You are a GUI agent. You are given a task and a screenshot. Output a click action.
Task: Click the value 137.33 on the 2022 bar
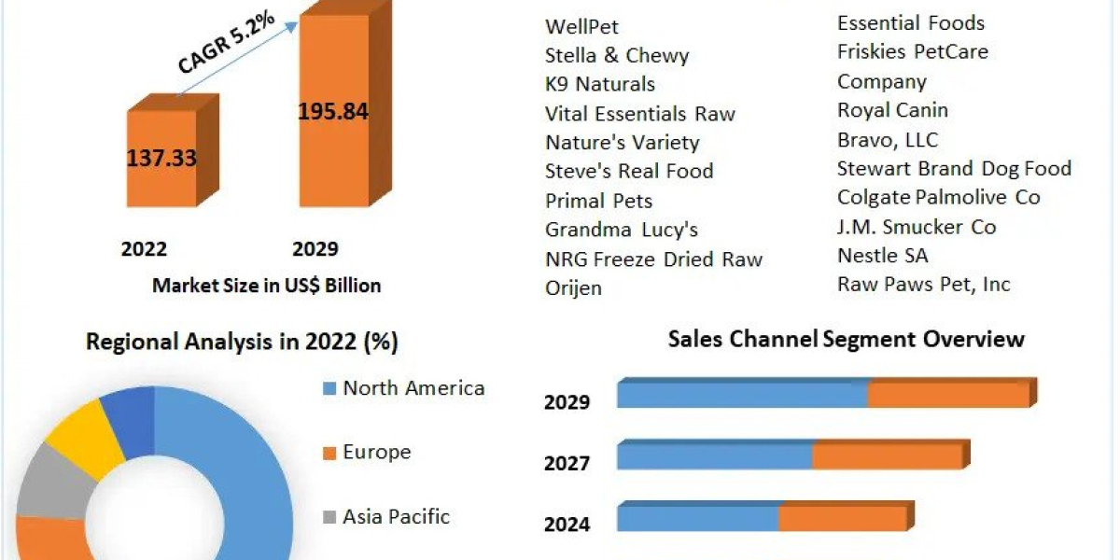(x=161, y=158)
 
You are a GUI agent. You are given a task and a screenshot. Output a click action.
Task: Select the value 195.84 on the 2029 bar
(x=332, y=112)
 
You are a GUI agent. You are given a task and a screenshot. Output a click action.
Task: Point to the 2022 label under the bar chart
(x=144, y=249)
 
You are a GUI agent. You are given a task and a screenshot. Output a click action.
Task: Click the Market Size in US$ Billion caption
(x=266, y=286)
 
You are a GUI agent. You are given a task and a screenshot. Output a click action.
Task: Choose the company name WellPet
(x=581, y=26)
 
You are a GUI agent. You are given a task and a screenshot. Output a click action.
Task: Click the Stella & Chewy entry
(x=617, y=55)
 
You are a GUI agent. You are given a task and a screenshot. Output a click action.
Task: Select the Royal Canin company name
(x=892, y=110)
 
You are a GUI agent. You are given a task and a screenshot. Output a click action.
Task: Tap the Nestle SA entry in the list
(x=882, y=255)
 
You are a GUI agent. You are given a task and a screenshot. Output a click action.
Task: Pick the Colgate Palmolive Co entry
(x=938, y=197)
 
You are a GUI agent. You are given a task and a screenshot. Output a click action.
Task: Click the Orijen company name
(x=573, y=287)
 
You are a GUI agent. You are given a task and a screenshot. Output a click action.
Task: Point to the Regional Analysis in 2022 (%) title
(x=242, y=342)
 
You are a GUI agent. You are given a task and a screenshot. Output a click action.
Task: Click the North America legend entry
(x=413, y=388)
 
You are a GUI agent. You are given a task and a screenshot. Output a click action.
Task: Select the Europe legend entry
(x=376, y=453)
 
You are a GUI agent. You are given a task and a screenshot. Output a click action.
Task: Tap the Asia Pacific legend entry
(x=396, y=516)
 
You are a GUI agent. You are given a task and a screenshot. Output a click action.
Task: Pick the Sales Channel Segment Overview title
(x=846, y=339)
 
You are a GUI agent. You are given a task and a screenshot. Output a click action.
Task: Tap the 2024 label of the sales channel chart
(x=567, y=525)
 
